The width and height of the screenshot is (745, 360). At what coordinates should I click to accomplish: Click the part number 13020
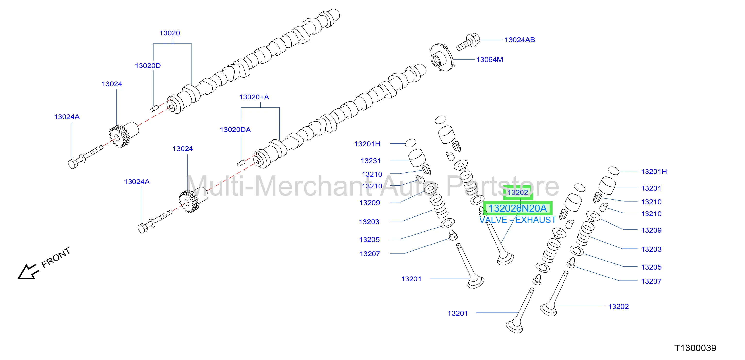tap(170, 33)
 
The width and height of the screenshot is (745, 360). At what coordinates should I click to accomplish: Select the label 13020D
tap(148, 66)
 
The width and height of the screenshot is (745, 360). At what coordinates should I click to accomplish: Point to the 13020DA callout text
tap(235, 130)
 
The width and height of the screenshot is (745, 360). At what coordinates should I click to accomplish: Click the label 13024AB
tap(520, 40)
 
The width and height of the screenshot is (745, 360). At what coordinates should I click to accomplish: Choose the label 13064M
tap(490, 60)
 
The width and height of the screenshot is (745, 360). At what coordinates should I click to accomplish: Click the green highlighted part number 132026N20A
tap(518, 208)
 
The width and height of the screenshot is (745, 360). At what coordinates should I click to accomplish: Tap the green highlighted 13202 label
tap(518, 193)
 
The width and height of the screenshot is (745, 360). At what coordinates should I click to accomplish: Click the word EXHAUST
tap(536, 220)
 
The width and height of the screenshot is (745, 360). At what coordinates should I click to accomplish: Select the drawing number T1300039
tap(695, 348)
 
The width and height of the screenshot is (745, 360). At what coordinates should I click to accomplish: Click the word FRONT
tap(56, 257)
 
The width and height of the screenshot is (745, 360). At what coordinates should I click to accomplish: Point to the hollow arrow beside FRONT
tap(28, 272)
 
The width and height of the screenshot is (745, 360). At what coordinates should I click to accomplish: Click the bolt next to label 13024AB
tap(468, 42)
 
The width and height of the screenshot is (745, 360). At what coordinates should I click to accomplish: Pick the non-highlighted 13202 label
tap(618, 306)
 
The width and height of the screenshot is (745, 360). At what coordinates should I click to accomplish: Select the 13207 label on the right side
tap(651, 281)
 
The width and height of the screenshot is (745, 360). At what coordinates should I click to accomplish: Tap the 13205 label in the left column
tap(369, 240)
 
